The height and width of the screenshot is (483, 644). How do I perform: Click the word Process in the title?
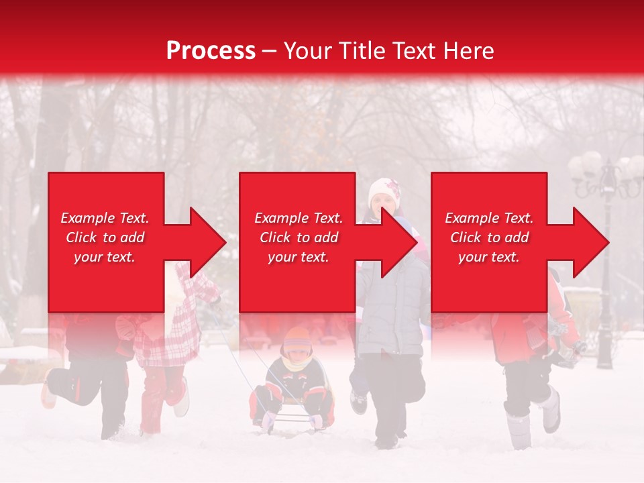211,51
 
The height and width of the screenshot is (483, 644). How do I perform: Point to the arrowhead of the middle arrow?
400,242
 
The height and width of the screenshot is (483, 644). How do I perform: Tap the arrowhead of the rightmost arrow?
591,242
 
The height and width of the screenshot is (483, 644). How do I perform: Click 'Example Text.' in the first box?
105,218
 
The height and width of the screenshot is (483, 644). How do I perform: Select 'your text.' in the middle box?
298,257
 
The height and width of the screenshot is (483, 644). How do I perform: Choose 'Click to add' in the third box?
489,237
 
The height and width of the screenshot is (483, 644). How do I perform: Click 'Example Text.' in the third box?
489,218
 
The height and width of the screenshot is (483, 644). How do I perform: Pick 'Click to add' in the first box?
105,237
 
